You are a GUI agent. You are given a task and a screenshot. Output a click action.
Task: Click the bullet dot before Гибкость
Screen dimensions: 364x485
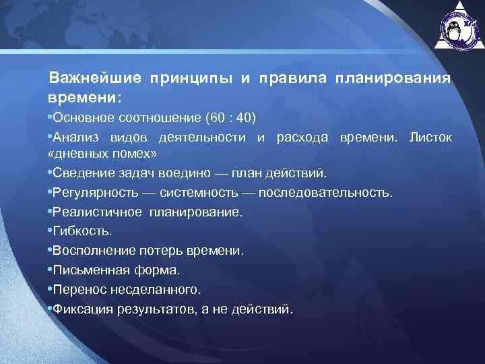(x=50, y=231)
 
